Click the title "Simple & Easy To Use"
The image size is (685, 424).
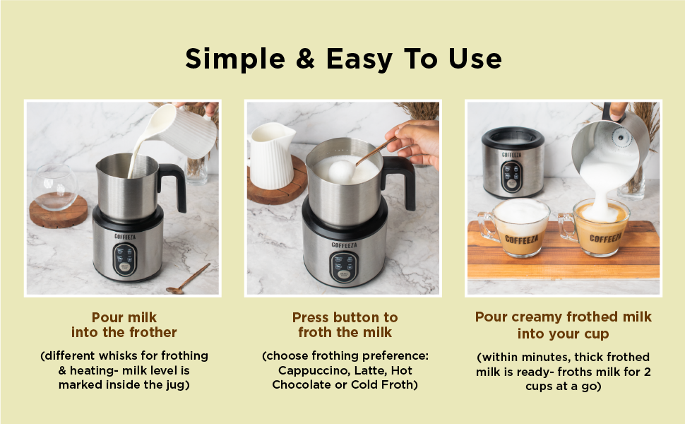[343, 59]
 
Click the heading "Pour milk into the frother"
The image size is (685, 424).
[124, 324]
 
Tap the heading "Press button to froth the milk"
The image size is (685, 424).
[345, 325]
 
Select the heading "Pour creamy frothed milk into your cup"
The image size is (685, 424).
[563, 324]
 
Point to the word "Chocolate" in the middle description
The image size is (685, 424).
[302, 384]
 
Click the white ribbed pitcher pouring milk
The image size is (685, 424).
[185, 131]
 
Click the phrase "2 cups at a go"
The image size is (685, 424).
[563, 386]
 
